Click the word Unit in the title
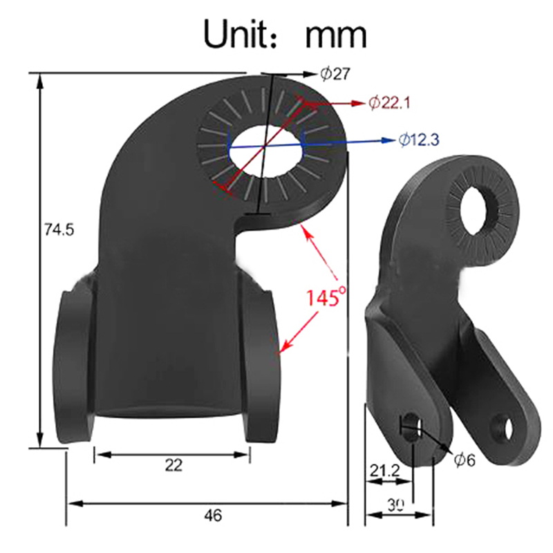(x=238, y=34)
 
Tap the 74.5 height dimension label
(x=59, y=230)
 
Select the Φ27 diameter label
(x=335, y=74)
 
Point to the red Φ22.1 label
(x=389, y=103)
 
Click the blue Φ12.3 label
(x=419, y=140)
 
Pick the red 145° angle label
(x=326, y=297)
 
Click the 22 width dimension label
(x=174, y=465)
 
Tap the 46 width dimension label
(x=213, y=516)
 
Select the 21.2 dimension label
(x=385, y=471)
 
